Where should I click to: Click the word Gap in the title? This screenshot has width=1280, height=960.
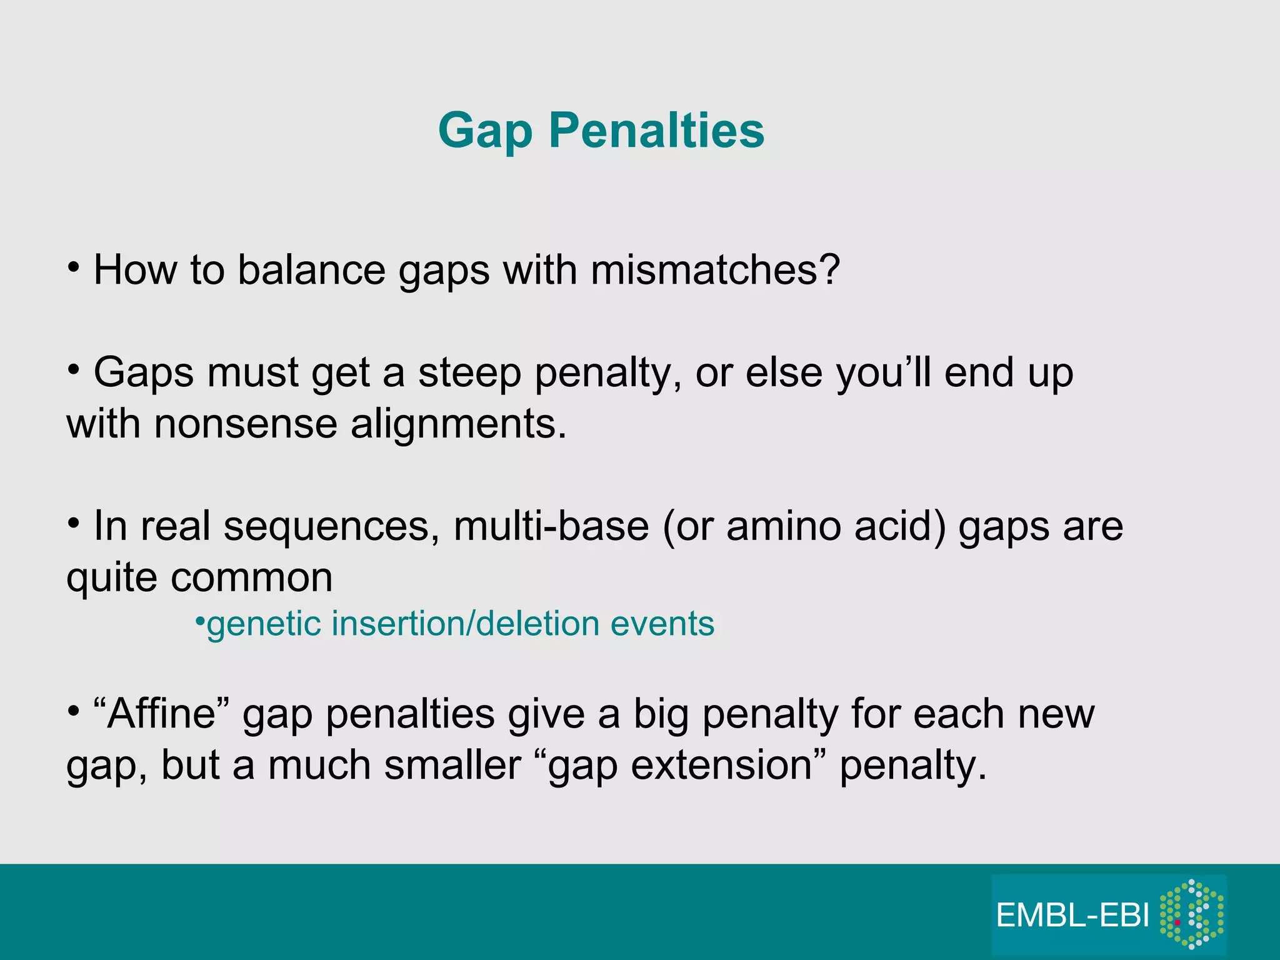(x=485, y=131)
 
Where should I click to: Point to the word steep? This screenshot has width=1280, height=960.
(x=469, y=373)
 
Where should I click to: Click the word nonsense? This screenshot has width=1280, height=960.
(x=245, y=424)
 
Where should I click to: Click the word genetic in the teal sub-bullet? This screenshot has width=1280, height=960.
(x=262, y=624)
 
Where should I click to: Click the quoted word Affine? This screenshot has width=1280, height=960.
(x=162, y=714)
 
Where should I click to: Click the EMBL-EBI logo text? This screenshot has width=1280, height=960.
(x=1072, y=916)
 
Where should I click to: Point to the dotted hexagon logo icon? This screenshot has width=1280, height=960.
(x=1191, y=914)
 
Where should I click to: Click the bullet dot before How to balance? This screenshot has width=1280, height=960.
(x=74, y=267)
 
